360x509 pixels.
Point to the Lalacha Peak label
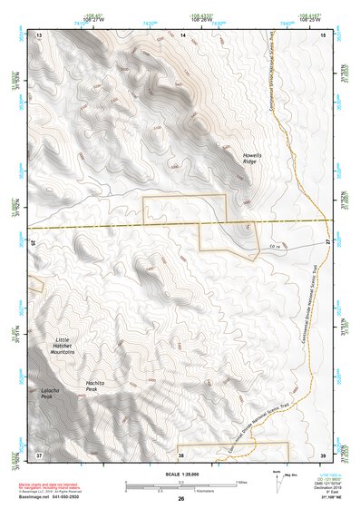point(53,395)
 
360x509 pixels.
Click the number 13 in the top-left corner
point(39,34)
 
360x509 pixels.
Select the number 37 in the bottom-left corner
point(39,453)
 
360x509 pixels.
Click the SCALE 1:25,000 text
point(181,475)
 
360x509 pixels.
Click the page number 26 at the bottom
point(181,499)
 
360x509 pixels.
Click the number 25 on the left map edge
point(34,243)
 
